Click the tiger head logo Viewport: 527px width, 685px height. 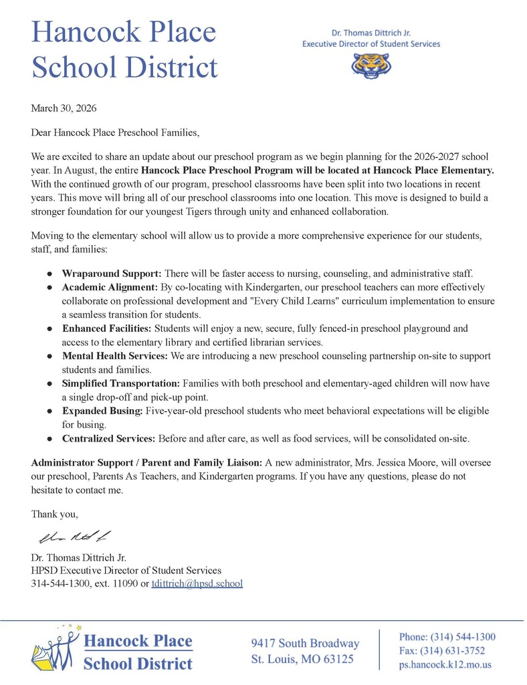(x=371, y=66)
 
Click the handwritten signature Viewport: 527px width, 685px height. (x=74, y=536)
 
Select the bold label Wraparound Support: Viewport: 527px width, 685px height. (x=112, y=274)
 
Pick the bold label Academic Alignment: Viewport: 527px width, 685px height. (x=110, y=287)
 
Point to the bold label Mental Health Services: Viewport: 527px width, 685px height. (x=116, y=356)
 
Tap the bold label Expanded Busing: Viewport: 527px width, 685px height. (x=100, y=411)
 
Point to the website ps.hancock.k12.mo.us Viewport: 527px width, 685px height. (x=445, y=665)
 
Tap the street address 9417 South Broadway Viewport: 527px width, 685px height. (x=305, y=644)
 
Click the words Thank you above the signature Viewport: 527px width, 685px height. (x=55, y=514)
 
